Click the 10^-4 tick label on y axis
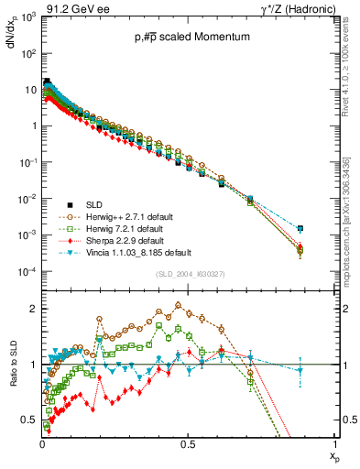click(27, 272)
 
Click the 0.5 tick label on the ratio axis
click(29, 420)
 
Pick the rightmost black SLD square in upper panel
click(326, 228)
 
